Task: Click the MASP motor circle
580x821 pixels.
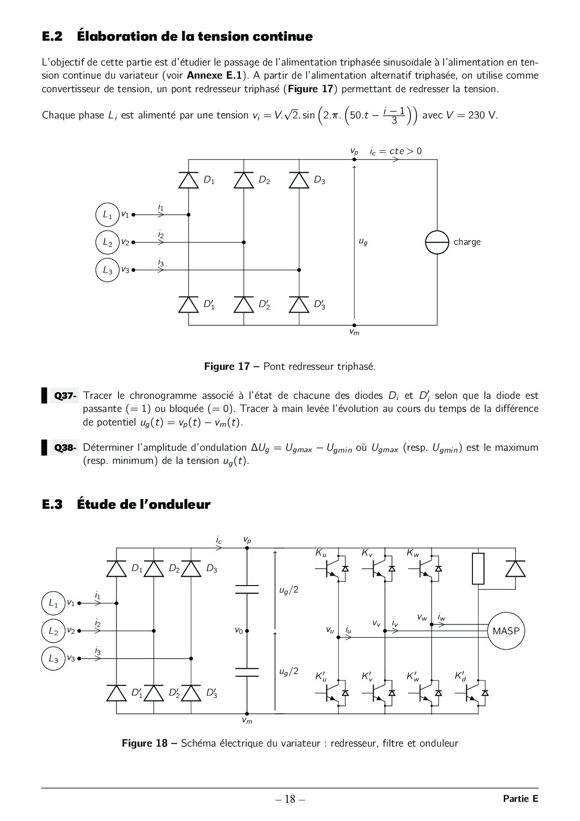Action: pyautogui.click(x=506, y=631)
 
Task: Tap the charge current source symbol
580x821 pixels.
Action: pyautogui.click(x=437, y=242)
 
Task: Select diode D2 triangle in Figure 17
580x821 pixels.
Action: pyautogui.click(x=244, y=180)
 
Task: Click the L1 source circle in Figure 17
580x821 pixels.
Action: pyautogui.click(x=108, y=215)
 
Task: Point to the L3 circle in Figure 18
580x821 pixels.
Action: pyautogui.click(x=53, y=659)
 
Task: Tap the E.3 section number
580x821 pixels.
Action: pyautogui.click(x=52, y=505)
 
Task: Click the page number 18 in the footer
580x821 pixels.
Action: pyautogui.click(x=290, y=799)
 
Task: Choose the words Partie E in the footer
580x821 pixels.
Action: pyautogui.click(x=521, y=799)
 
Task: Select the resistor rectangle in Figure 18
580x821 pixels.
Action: pyautogui.click(x=478, y=568)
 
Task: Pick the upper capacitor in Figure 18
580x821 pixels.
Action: pyautogui.click(x=247, y=589)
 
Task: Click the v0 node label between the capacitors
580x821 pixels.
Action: pyautogui.click(x=239, y=631)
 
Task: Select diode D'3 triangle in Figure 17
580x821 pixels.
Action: pyautogui.click(x=299, y=305)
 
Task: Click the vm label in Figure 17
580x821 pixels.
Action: pyautogui.click(x=354, y=332)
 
